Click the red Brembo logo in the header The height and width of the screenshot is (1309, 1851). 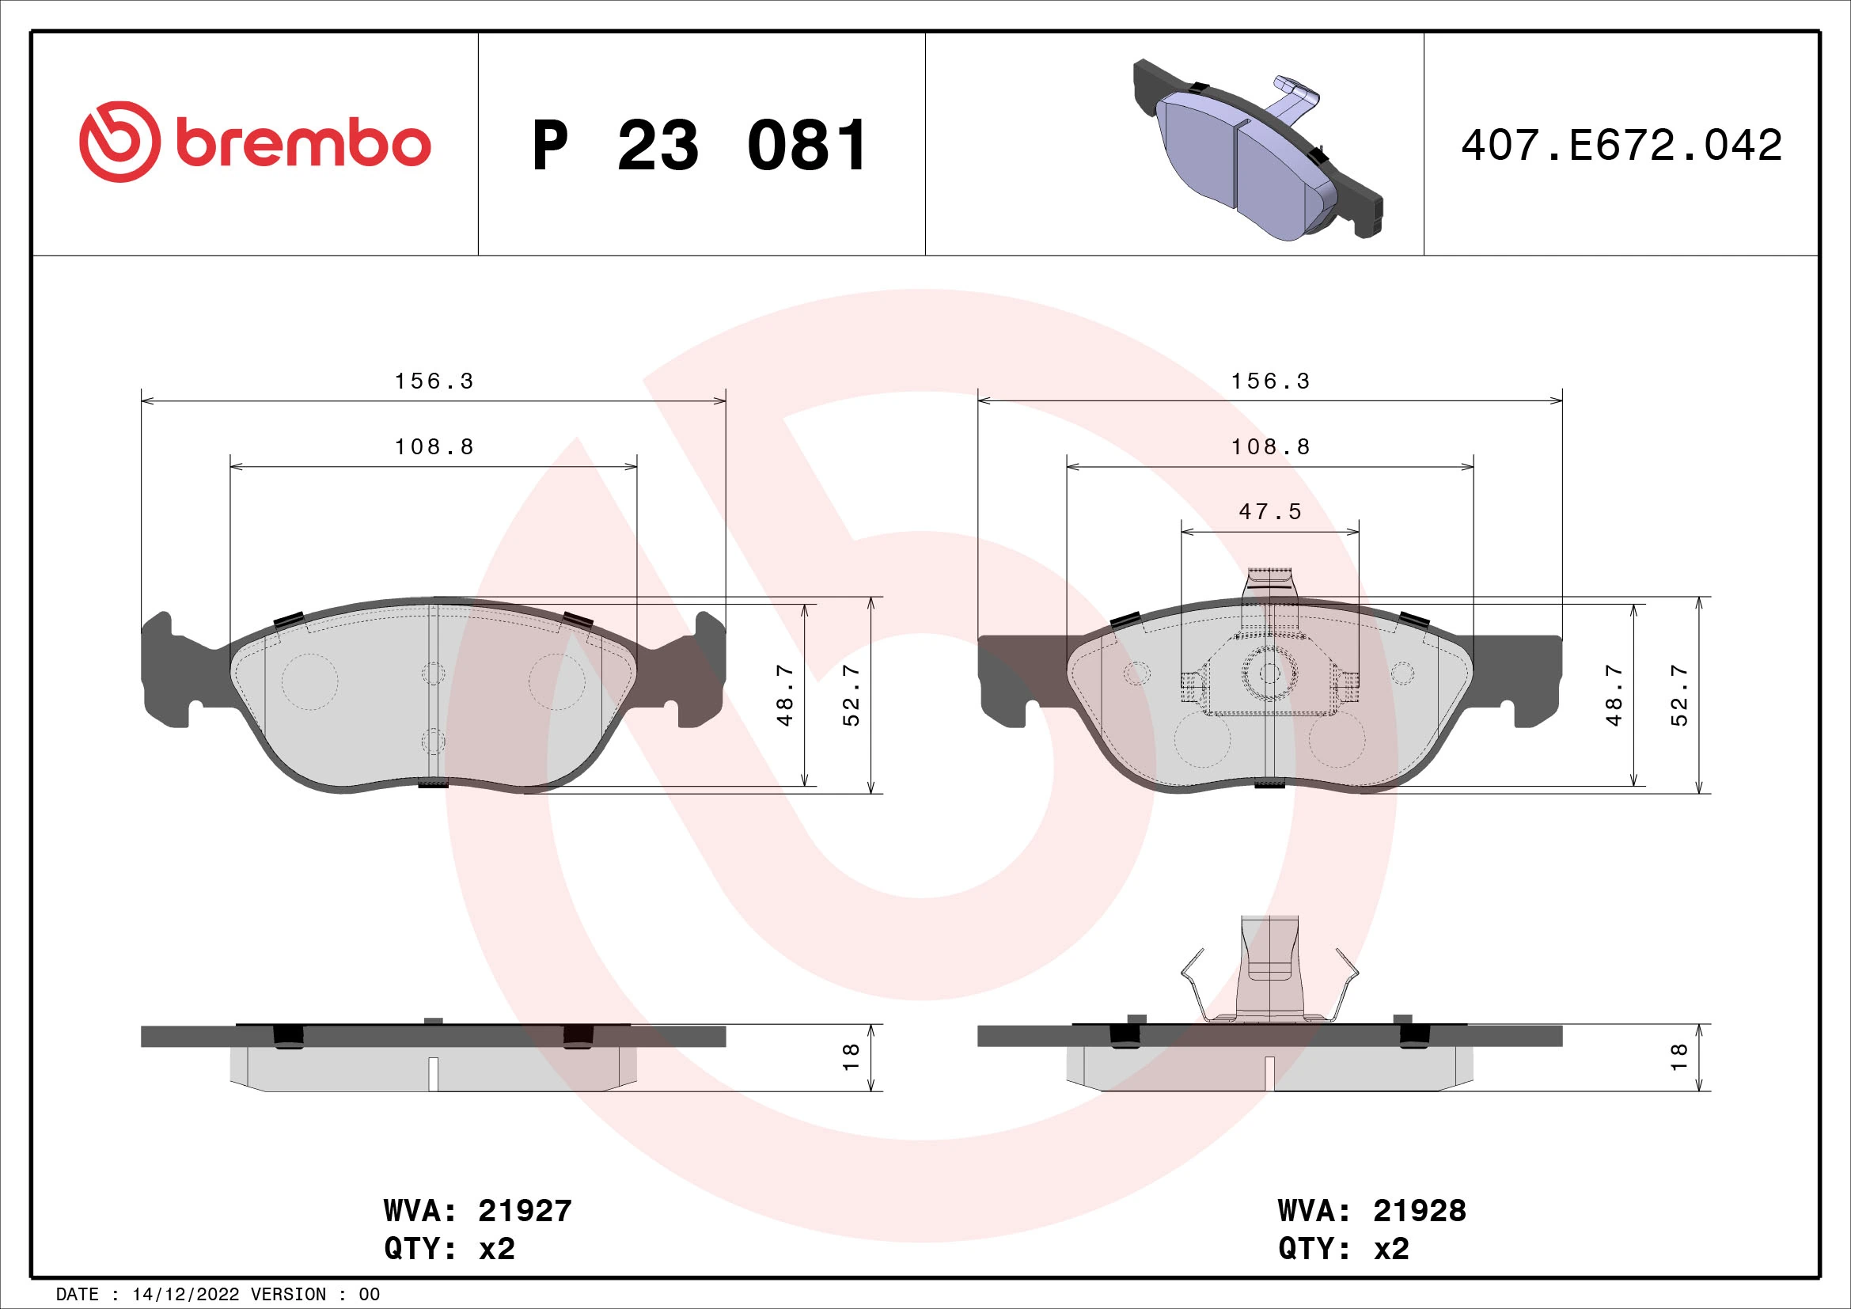255,142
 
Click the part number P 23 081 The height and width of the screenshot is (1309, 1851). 700,146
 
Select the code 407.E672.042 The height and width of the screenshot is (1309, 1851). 1622,146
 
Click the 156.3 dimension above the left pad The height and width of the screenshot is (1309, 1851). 434,381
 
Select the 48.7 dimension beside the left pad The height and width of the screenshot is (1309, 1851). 785,695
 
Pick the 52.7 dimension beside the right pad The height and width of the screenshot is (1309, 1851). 1678,695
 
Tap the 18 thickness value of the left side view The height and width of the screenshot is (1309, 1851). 851,1057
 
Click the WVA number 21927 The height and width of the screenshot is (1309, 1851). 525,1211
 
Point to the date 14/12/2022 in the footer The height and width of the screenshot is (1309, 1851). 185,1295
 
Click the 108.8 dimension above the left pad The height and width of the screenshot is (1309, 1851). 434,447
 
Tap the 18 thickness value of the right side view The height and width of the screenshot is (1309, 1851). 1678,1057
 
